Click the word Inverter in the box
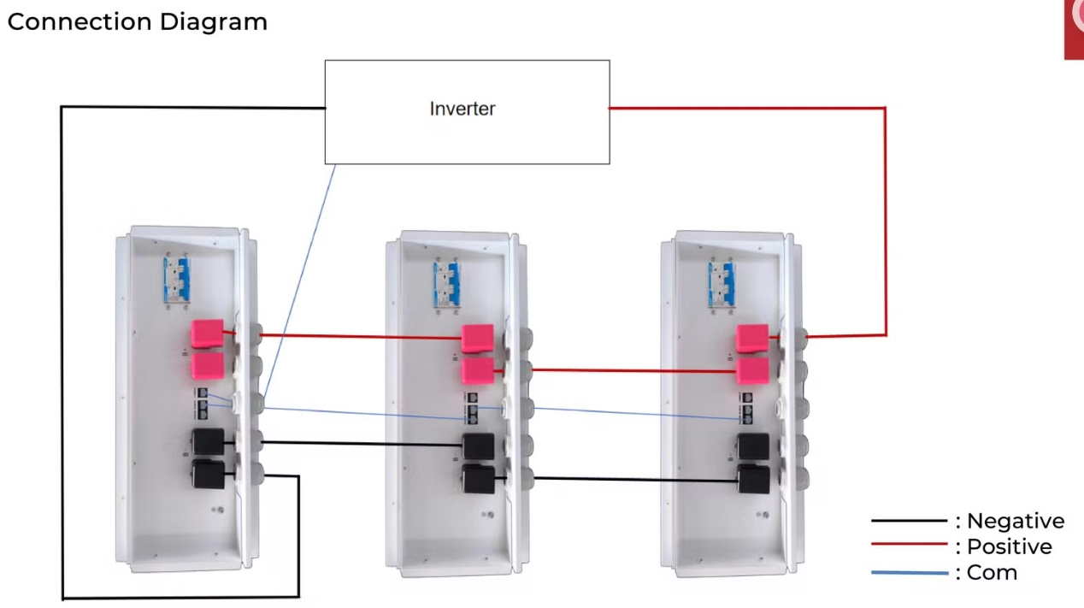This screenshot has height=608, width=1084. tap(462, 109)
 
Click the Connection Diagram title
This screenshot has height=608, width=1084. tap(137, 21)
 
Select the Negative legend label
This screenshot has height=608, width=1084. tap(1015, 521)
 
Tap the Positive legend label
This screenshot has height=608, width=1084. tap(1009, 546)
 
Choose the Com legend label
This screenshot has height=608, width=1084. tap(992, 572)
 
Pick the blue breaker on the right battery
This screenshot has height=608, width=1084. tap(722, 285)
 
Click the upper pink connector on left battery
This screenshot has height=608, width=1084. tap(206, 334)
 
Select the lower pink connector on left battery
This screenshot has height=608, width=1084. tap(206, 366)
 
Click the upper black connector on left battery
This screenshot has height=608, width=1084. tap(207, 442)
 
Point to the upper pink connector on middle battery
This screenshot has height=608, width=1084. tap(477, 339)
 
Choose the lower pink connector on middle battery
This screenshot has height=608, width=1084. tap(477, 370)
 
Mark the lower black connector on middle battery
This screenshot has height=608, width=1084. tap(477, 479)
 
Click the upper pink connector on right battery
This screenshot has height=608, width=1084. tap(751, 338)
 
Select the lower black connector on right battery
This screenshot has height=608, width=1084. tap(752, 480)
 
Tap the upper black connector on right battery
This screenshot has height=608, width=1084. tap(752, 446)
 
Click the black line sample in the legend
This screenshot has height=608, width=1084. tap(909, 521)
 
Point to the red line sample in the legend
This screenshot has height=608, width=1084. tap(909, 545)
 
